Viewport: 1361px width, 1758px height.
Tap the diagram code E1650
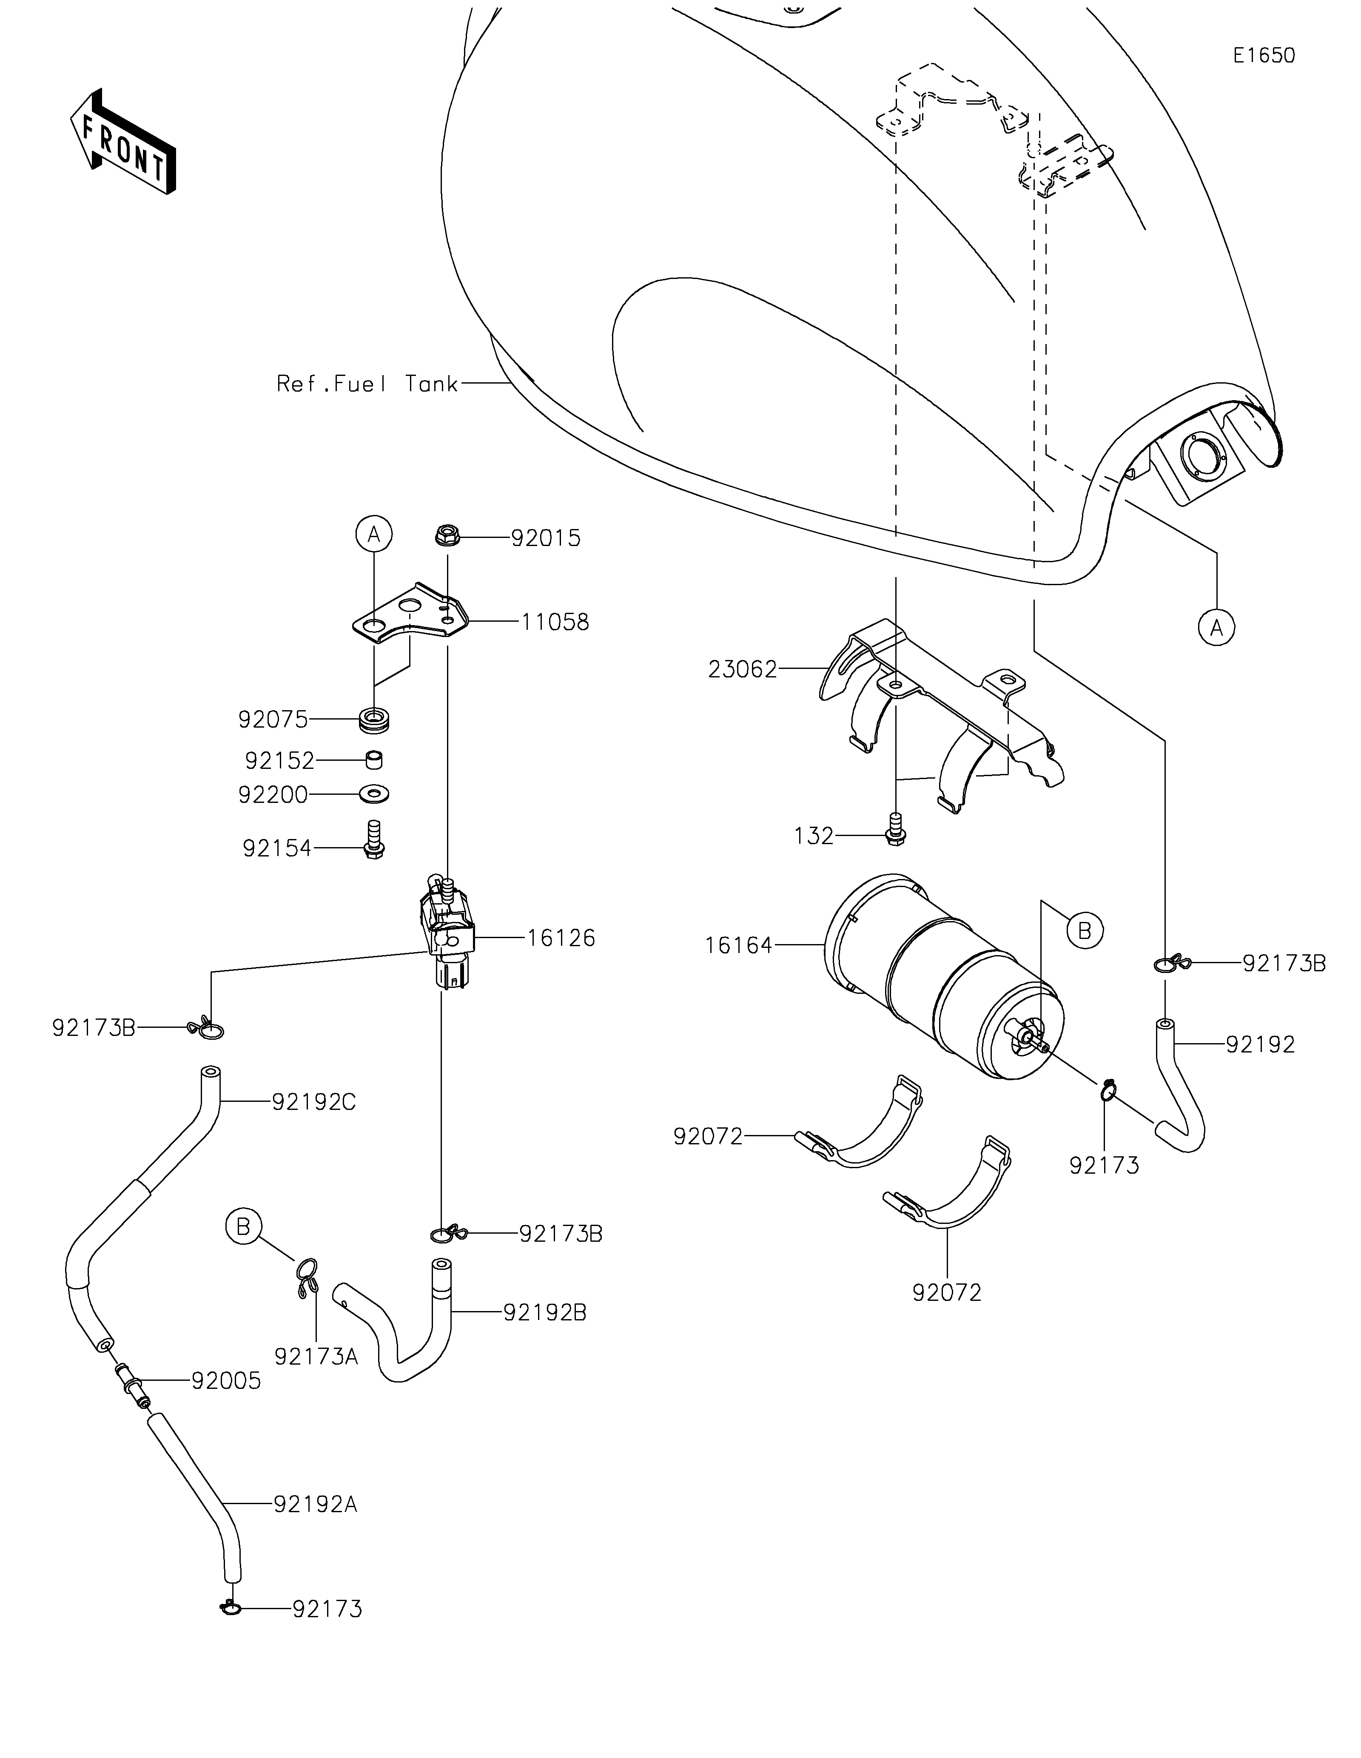[1264, 56]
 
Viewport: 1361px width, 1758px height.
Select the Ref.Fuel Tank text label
[367, 384]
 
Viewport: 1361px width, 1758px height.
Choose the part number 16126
[561, 938]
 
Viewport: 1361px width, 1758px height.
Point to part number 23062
[743, 669]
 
